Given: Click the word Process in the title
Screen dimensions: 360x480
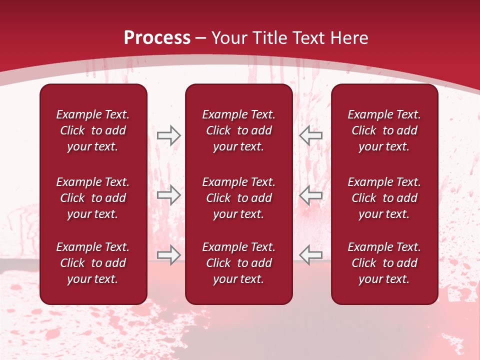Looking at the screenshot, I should (x=157, y=38).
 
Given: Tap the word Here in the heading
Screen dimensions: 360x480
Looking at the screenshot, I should (x=348, y=38).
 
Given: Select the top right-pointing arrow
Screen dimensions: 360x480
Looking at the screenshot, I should (x=168, y=135).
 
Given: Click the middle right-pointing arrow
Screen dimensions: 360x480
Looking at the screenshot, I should (x=168, y=195).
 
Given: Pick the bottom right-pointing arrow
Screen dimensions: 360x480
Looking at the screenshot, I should (x=168, y=254).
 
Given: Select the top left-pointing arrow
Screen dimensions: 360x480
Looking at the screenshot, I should (x=311, y=135).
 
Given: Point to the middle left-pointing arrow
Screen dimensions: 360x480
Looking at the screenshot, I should (x=311, y=195).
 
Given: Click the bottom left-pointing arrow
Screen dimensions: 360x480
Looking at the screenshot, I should (x=311, y=254).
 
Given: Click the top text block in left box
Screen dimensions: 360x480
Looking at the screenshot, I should (x=93, y=130).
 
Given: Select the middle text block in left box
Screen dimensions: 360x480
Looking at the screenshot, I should (x=93, y=198).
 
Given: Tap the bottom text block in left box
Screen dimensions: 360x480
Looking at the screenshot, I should (x=93, y=263).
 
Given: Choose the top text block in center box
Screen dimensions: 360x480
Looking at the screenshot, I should (x=238, y=130).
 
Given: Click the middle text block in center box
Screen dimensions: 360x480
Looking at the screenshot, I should (x=238, y=198).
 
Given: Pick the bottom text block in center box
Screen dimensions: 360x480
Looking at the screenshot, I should (x=238, y=263).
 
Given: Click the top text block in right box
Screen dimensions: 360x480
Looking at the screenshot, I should (x=384, y=130).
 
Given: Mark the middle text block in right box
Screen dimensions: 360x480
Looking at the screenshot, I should (x=384, y=198).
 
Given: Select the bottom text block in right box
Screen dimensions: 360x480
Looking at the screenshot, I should (x=384, y=263).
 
